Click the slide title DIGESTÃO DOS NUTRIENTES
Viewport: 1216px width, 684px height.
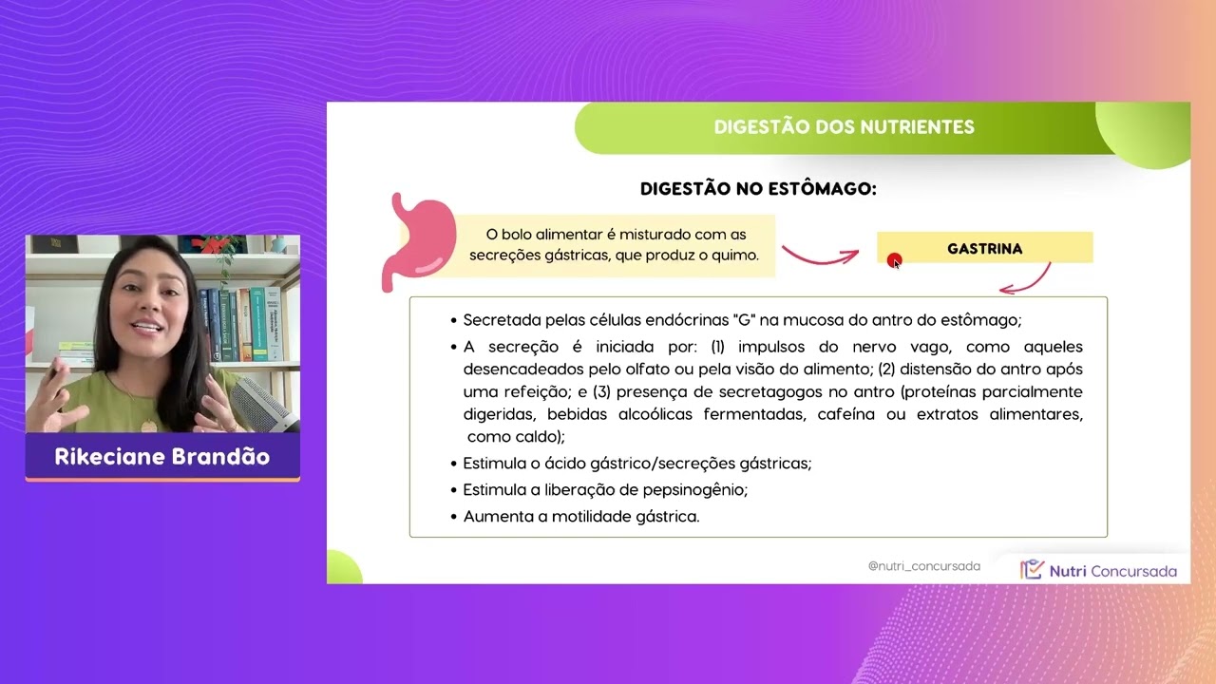[844, 127]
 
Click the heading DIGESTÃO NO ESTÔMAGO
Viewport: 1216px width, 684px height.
[758, 189]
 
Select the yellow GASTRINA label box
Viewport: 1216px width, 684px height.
[984, 249]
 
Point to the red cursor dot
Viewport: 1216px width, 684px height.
[894, 260]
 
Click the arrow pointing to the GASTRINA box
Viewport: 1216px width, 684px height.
[819, 255]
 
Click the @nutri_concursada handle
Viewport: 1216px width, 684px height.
[923, 566]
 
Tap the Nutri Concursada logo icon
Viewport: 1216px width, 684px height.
[1032, 570]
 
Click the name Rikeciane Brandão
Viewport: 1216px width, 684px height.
[162, 457]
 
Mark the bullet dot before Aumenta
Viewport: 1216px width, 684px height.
[454, 518]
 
